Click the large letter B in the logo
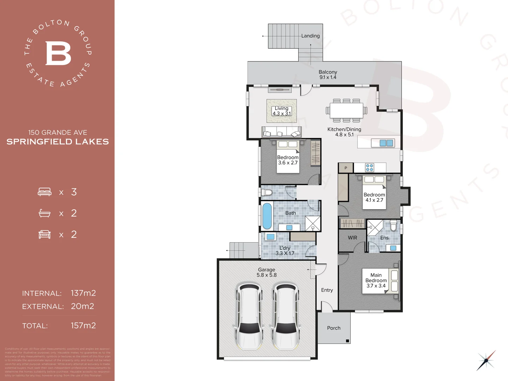pyautogui.click(x=58, y=53)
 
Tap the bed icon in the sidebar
pyautogui.click(x=45, y=192)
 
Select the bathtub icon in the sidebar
pyautogui.click(x=45, y=213)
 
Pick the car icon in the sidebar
pyautogui.click(x=45, y=234)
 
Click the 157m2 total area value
pyautogui.click(x=83, y=325)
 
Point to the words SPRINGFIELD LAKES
pyautogui.click(x=58, y=142)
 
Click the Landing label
pyautogui.click(x=310, y=36)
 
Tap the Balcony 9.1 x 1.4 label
pyautogui.click(x=328, y=74)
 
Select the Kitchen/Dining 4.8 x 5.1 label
pyautogui.click(x=344, y=132)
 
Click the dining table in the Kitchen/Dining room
pyautogui.click(x=346, y=110)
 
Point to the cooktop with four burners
pyautogui.click(x=369, y=168)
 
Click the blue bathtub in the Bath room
pyautogui.click(x=267, y=216)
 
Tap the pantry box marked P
pyautogui.click(x=346, y=168)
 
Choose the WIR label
pyautogui.click(x=352, y=238)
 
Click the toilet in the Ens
pyautogui.click(x=393, y=225)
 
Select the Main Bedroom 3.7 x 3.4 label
pyautogui.click(x=376, y=280)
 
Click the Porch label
pyautogui.click(x=334, y=328)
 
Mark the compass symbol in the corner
pyautogui.click(x=486, y=360)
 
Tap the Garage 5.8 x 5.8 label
pyautogui.click(x=266, y=272)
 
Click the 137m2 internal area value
pyautogui.click(x=83, y=293)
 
